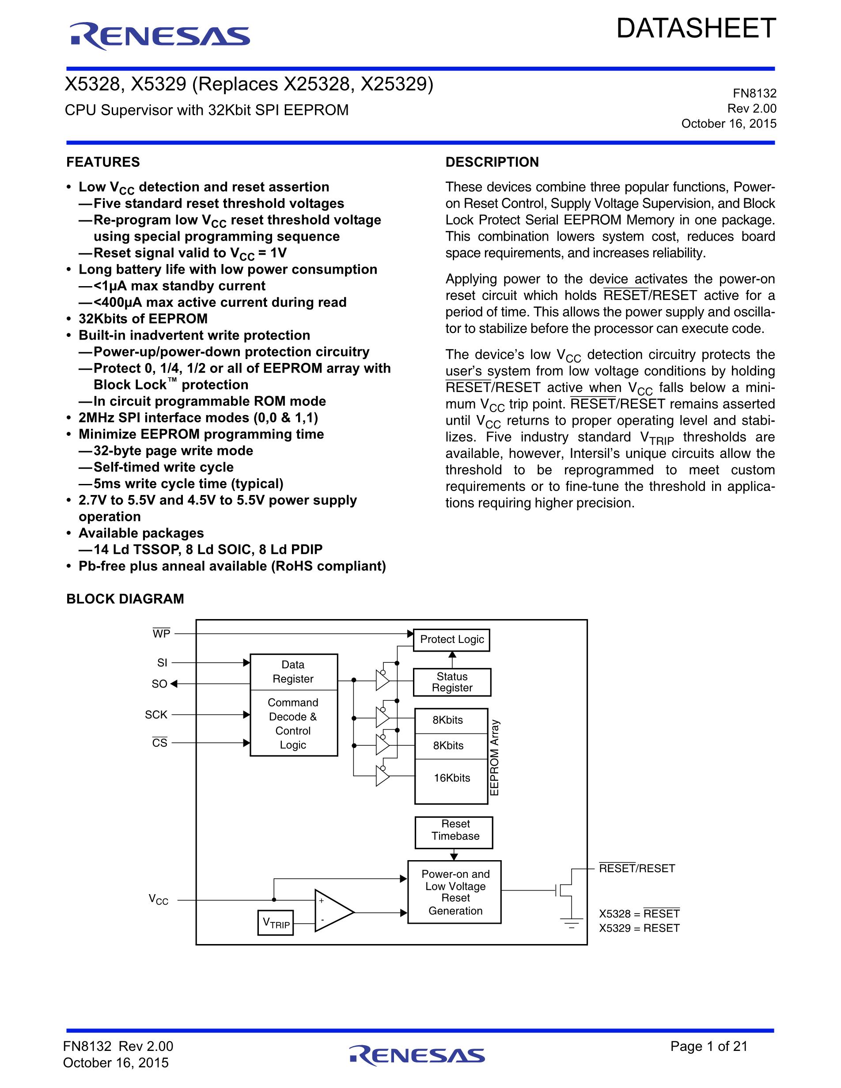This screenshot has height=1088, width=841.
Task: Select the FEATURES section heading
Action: (103, 162)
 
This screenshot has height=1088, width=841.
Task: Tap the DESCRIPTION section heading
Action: (492, 162)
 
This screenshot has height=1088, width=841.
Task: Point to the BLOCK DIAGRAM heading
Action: (125, 598)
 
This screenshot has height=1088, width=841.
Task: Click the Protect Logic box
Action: (451, 640)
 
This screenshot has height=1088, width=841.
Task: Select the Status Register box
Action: (452, 682)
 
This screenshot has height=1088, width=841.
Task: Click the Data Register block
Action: (293, 672)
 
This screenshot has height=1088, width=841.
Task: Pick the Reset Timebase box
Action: (454, 830)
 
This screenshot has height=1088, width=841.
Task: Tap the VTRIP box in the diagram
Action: (276, 922)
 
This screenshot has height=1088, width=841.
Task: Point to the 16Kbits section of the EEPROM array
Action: (451, 778)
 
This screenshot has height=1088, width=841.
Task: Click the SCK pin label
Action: (156, 714)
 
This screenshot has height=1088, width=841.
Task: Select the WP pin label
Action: (161, 634)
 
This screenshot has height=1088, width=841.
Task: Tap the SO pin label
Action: (159, 684)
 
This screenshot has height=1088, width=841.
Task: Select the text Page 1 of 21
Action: (708, 1046)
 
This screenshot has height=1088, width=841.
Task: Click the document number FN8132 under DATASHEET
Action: (754, 93)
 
